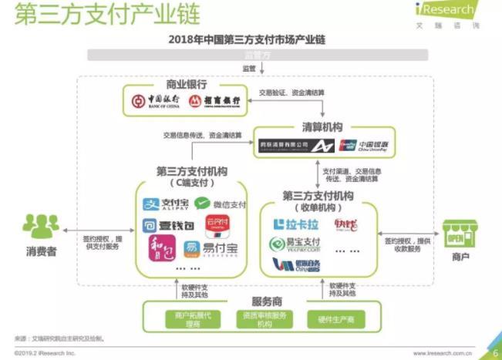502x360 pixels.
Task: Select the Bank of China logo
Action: [157, 100]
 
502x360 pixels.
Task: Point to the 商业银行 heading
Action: [187, 83]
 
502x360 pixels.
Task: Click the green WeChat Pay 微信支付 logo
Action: [220, 204]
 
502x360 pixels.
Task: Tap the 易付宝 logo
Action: [209, 248]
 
